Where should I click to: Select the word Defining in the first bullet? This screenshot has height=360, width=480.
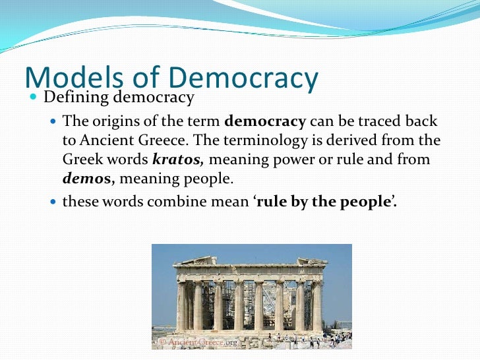pos(76,98)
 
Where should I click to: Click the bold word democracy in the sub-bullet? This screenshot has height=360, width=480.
pos(265,122)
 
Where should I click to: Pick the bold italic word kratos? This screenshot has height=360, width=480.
pos(174,160)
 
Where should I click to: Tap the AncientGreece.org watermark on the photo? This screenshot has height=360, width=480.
pos(198,342)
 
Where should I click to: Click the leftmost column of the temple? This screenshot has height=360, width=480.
pos(181,305)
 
